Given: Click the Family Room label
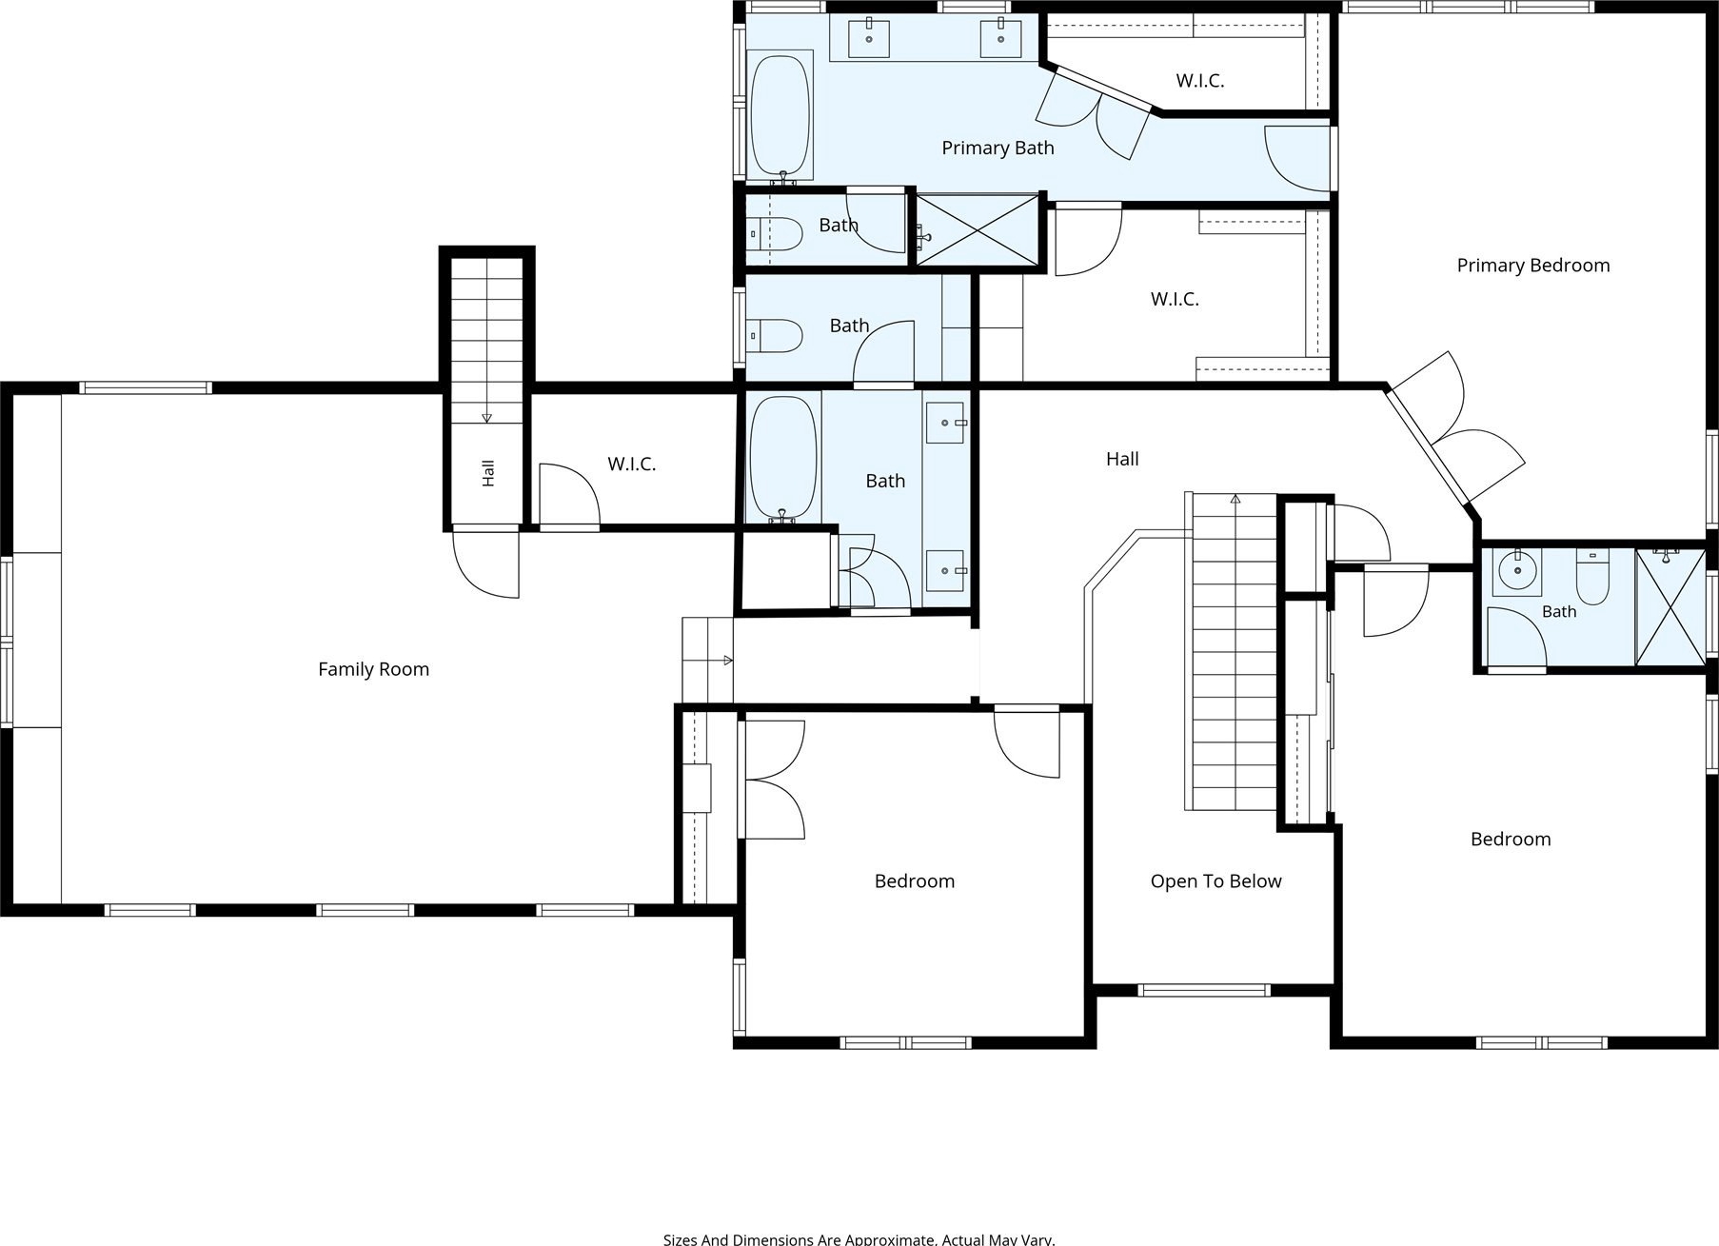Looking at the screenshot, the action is [x=373, y=669].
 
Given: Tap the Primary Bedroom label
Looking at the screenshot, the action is [x=1532, y=266].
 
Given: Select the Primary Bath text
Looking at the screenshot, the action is [x=998, y=148].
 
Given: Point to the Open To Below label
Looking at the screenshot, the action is [x=1215, y=881].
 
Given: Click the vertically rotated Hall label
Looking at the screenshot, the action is [x=488, y=473].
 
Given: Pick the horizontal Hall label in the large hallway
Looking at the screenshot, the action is [x=1122, y=459].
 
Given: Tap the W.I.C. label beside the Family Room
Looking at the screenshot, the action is [x=631, y=464].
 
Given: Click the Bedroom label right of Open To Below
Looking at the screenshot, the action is [x=1510, y=839].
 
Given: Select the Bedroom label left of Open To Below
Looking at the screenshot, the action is [x=914, y=881].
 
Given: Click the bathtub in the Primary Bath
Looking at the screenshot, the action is [x=780, y=114].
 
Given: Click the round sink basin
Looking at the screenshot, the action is [x=1516, y=571].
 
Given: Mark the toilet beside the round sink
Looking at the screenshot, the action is [x=1591, y=576].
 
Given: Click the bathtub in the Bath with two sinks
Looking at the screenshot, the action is [x=782, y=458].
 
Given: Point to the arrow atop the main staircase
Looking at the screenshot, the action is [x=1235, y=498].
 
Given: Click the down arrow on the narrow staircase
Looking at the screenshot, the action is [x=486, y=416].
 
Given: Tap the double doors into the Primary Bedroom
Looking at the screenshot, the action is [x=1453, y=428].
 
